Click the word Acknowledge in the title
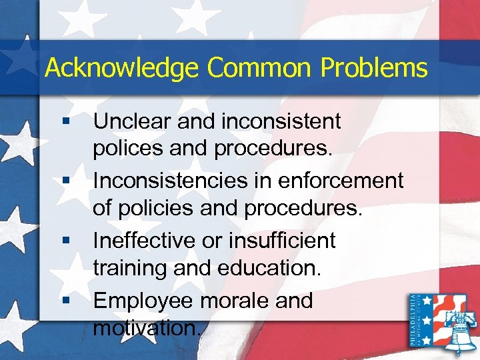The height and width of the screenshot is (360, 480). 121,68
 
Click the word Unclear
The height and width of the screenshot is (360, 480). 130,121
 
